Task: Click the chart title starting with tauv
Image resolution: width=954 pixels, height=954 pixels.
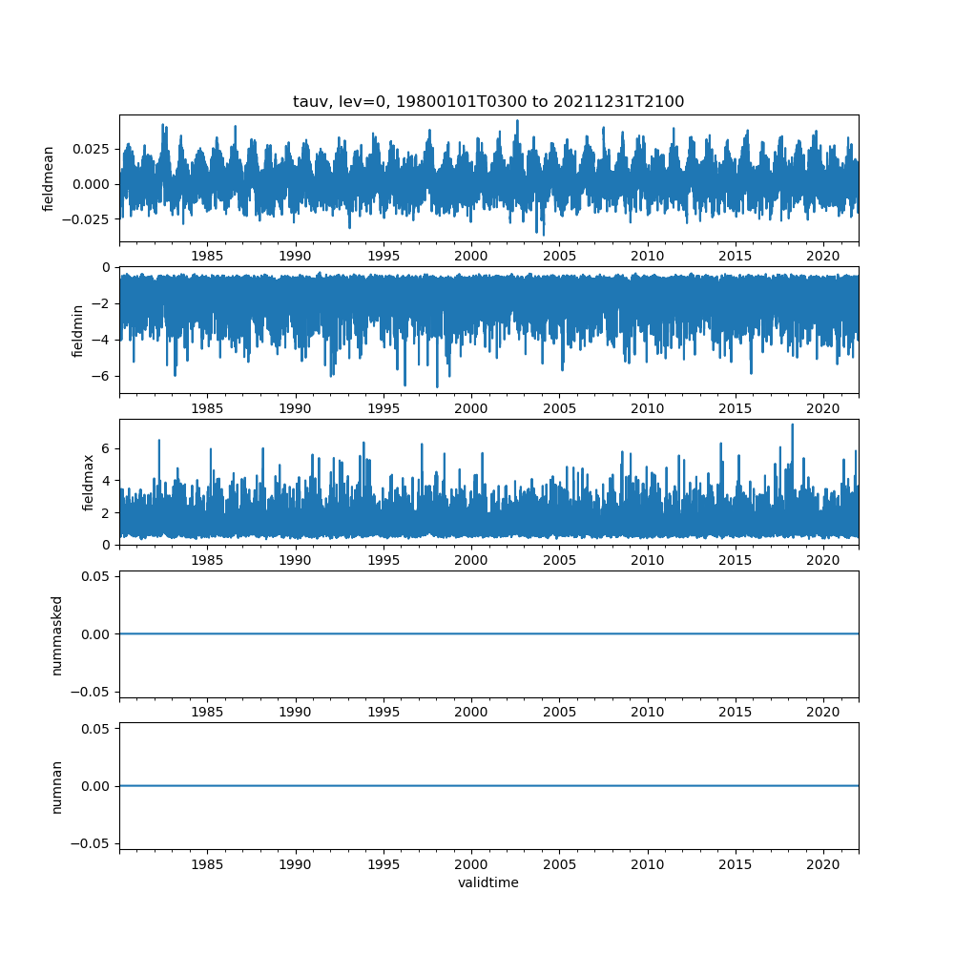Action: (x=488, y=102)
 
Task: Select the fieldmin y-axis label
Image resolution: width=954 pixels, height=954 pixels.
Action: (x=78, y=330)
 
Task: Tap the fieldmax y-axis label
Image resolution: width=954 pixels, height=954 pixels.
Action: (x=88, y=482)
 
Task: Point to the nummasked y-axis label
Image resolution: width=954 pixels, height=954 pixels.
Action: (x=56, y=633)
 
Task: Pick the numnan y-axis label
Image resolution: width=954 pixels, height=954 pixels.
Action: (x=56, y=786)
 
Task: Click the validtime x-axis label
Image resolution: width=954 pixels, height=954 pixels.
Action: (x=488, y=882)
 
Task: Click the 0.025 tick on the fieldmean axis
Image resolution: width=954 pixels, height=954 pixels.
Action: (x=93, y=150)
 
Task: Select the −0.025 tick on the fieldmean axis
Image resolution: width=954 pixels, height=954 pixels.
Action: (x=89, y=218)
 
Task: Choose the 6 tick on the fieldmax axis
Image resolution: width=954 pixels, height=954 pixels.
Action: (x=107, y=448)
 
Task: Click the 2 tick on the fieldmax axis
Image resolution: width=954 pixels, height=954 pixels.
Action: (x=107, y=512)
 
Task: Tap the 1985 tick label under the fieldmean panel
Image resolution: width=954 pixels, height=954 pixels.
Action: (x=207, y=256)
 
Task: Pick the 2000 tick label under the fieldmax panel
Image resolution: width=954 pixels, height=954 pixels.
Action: (x=471, y=559)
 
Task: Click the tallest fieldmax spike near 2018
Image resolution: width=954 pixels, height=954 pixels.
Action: (x=792, y=425)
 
